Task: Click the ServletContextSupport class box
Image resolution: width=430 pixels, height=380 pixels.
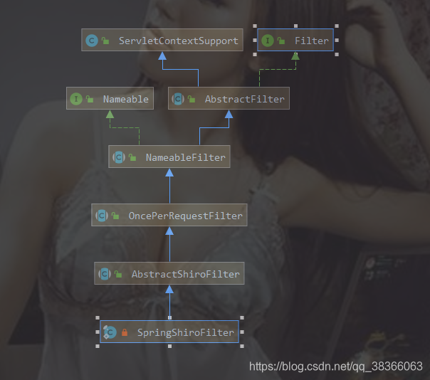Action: [x=162, y=41]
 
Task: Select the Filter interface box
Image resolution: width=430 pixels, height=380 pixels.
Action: [x=295, y=41]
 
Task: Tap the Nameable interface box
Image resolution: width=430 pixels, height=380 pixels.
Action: [x=110, y=99]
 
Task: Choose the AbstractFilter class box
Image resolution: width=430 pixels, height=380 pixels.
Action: [x=229, y=99]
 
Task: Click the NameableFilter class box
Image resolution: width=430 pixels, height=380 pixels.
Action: [x=169, y=157]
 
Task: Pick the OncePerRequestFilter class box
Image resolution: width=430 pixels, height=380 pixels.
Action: [x=169, y=215]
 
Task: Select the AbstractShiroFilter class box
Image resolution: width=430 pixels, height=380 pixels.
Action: [x=169, y=273]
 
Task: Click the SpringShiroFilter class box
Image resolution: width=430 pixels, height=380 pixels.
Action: [x=169, y=332]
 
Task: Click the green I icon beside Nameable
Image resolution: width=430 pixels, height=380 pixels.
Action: [x=77, y=99]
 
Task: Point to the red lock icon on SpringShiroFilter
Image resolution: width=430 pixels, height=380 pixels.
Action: [x=124, y=332]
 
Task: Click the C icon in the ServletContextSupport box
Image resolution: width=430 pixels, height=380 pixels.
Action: [x=91, y=41]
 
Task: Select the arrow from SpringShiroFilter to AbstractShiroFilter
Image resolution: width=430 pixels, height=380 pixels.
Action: [x=169, y=302]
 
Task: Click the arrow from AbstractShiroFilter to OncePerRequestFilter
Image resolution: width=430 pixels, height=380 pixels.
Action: [x=169, y=244]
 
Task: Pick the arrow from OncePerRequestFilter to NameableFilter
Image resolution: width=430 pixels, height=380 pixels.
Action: [x=169, y=186]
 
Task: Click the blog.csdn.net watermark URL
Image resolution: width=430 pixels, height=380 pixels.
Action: [x=335, y=366]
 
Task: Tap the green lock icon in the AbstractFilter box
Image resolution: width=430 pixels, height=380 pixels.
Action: [x=192, y=100]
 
